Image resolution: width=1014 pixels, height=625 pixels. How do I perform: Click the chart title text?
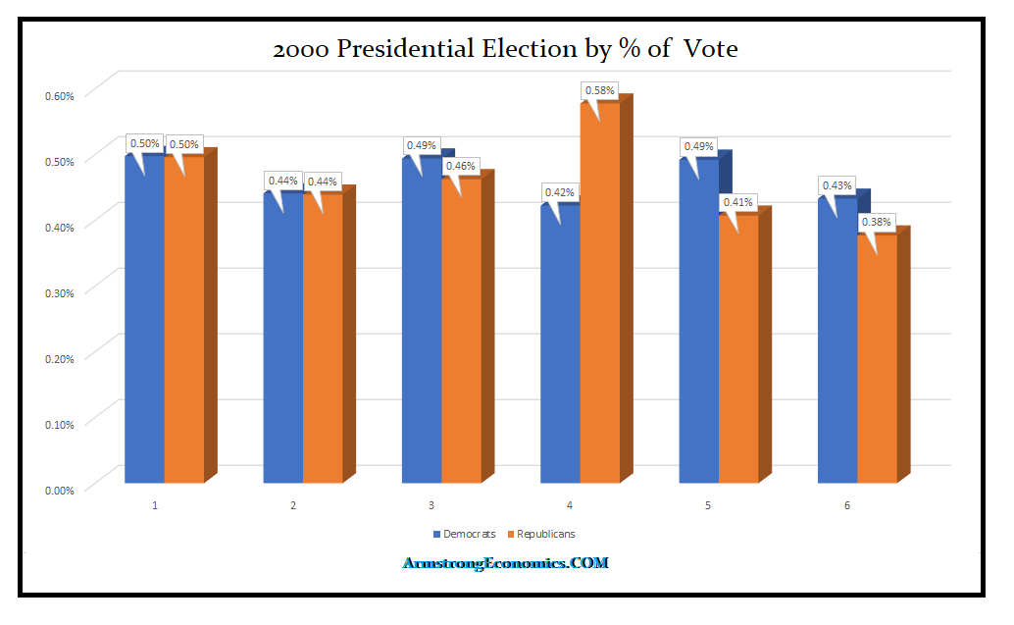[x=505, y=48]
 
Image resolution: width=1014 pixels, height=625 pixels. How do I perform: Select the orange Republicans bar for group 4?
[x=599, y=294]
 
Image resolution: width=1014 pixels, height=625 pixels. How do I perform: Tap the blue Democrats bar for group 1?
[x=145, y=324]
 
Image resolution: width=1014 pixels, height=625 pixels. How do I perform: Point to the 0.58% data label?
[x=599, y=90]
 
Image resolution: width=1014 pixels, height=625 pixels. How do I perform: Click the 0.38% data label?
[x=876, y=222]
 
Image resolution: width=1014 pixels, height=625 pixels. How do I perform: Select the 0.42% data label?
[x=558, y=192]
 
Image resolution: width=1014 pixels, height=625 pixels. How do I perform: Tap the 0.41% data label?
[x=737, y=202]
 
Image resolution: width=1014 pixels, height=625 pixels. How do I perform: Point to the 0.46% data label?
[x=461, y=166]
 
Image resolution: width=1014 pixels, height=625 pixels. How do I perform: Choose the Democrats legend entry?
[x=464, y=534]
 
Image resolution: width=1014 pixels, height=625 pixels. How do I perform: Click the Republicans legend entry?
[x=540, y=534]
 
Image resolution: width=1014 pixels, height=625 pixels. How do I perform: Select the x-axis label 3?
[x=431, y=506]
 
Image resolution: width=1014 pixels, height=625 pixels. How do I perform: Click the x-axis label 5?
[x=708, y=506]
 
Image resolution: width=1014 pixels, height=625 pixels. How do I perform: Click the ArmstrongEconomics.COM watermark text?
[x=506, y=563]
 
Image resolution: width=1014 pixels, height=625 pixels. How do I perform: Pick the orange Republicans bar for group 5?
[x=737, y=348]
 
